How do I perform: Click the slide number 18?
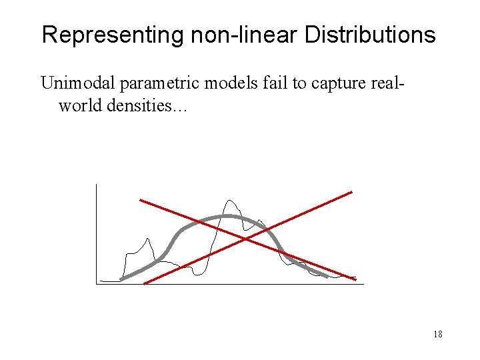click(x=438, y=334)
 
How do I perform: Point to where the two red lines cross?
click(x=246, y=238)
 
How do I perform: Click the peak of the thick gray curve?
click(x=229, y=216)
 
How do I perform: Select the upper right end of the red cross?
click(x=351, y=192)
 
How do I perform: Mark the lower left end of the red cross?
click(x=145, y=283)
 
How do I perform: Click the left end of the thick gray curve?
click(x=121, y=279)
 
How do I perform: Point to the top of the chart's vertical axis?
click(x=96, y=184)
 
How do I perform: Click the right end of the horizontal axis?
click(x=363, y=284)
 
